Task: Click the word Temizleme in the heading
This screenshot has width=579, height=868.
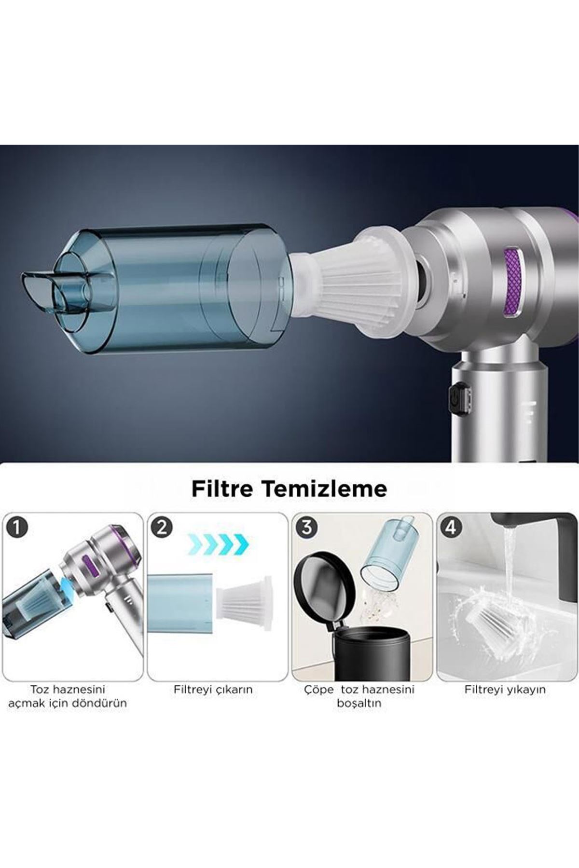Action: coord(324,488)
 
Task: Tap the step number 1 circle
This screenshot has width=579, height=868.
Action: coord(17,527)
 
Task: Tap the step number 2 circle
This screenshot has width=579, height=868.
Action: coord(162,527)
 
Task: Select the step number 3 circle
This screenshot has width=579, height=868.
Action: coord(306,527)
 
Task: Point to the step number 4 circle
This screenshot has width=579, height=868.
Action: coord(450,527)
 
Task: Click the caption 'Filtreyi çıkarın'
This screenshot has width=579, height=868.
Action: coord(213,690)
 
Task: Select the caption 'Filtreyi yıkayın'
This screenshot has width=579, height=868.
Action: coord(505,690)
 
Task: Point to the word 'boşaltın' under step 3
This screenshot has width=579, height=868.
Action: coord(359,704)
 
